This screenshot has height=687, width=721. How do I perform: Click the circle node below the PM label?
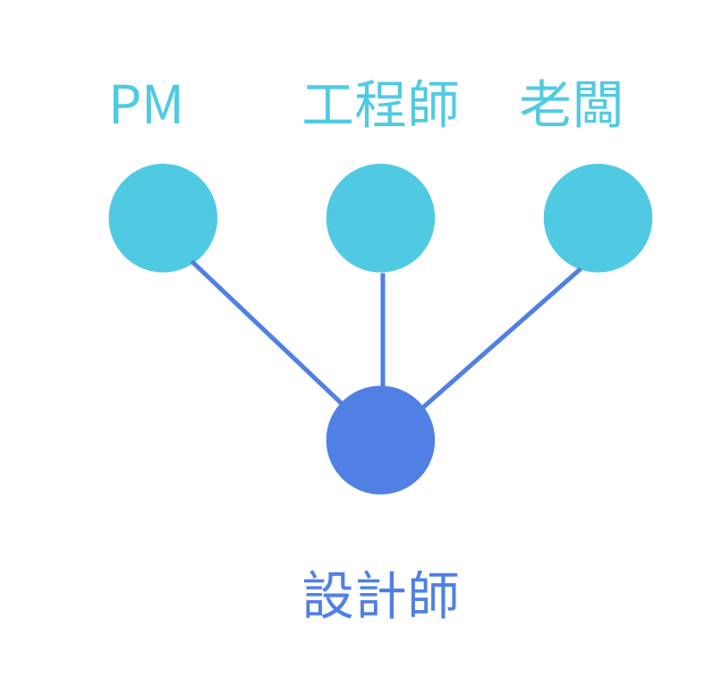coord(163,217)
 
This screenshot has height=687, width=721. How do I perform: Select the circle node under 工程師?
coord(380,217)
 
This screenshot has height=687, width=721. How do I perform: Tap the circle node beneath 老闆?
coord(598,217)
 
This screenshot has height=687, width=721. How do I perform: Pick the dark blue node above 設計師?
coord(380,439)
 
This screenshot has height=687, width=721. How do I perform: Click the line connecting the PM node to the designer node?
coord(267,332)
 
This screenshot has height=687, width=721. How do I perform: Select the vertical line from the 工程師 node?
coord(382,328)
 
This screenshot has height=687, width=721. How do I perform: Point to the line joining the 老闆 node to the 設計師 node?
coord(502,337)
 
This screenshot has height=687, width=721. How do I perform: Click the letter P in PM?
coord(123,106)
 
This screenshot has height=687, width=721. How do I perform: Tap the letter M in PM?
coord(162,106)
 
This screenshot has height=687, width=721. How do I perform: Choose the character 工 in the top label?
coord(328,106)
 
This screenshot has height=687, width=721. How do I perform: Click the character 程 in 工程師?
coord(380,106)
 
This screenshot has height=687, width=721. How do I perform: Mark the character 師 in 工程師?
coord(433,106)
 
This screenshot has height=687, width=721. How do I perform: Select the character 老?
coord(545,105)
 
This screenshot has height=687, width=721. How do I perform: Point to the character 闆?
coord(597,106)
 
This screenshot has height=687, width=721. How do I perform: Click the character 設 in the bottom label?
coord(328,595)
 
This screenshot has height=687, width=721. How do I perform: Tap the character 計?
coord(380,595)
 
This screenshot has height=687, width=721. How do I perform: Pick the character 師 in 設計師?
coord(433,595)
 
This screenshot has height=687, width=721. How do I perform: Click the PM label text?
coord(146,106)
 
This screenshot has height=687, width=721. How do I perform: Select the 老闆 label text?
coord(571,106)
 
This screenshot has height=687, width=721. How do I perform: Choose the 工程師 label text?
coord(380,106)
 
